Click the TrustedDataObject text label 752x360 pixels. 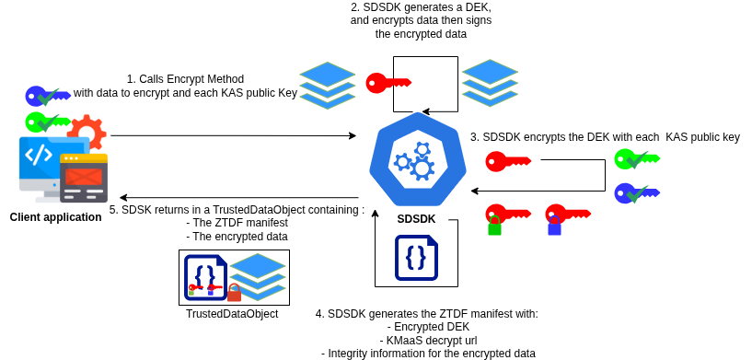click(232, 314)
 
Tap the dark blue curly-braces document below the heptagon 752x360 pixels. click(416, 258)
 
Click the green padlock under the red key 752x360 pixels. click(495, 227)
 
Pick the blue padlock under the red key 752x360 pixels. click(554, 227)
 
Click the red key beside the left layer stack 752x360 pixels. click(388, 83)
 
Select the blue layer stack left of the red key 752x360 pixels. click(328, 86)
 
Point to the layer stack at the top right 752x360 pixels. click(490, 83)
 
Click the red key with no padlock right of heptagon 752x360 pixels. click(507, 161)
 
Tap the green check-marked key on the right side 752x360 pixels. click(636, 158)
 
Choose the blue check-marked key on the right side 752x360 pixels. click(636, 193)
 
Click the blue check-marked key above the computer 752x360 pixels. click(47, 96)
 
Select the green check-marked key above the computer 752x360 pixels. click(47, 122)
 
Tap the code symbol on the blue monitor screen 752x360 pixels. click(39, 155)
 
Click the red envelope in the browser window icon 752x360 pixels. click(84, 176)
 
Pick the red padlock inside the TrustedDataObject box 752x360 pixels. click(235, 294)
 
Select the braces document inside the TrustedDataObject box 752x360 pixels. click(205, 276)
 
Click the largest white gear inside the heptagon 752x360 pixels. click(422, 168)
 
